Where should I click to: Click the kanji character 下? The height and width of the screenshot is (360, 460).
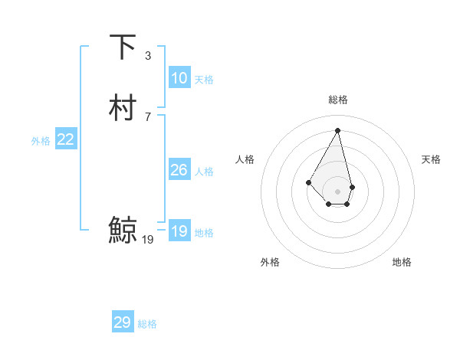[x=123, y=47]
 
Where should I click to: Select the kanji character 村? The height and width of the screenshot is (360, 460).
[x=123, y=108]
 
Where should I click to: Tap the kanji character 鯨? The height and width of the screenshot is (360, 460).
[x=123, y=229]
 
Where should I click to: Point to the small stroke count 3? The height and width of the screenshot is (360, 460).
[x=148, y=56]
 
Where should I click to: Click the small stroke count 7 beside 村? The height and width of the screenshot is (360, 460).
[x=148, y=116]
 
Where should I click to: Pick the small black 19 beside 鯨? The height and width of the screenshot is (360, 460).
[x=148, y=240]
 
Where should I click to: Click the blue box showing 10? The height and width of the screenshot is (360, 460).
[x=179, y=78]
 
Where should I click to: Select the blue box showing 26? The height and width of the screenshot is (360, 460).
[x=179, y=170]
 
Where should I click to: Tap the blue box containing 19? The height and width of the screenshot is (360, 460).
[x=179, y=231]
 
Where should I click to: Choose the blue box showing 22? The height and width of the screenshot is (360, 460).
[x=66, y=139]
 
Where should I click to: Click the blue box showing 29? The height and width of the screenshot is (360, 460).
[x=123, y=322]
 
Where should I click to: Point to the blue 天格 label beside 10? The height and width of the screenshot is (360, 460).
[x=204, y=80]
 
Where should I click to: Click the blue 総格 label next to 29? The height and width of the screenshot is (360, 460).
[x=147, y=324]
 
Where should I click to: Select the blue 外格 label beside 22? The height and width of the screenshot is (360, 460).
[x=41, y=141]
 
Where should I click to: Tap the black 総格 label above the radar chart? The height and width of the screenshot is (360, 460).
[x=338, y=100]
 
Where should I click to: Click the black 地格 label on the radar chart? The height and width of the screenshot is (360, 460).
[x=402, y=262]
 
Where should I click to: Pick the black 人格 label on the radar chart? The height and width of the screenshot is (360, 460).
[x=245, y=159]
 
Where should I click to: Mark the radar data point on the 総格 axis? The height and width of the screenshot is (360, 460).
[x=338, y=129]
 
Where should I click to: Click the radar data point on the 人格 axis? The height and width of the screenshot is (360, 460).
[x=308, y=182]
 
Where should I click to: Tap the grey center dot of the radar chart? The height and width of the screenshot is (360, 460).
[x=338, y=191]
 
